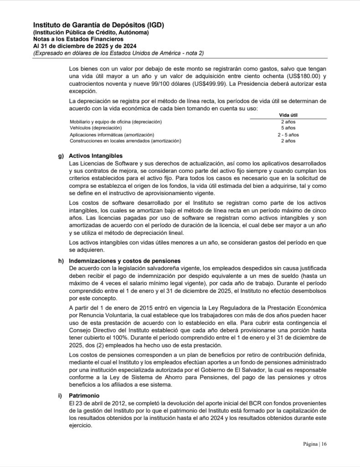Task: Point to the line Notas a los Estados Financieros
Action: tap(72, 39)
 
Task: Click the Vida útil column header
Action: tap(288, 115)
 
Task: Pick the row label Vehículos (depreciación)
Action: tap(95, 128)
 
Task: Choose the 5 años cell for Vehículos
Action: tap(288, 128)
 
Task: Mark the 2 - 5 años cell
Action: tap(288, 135)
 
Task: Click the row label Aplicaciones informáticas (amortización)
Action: tap(112, 135)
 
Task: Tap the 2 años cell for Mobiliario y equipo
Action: tap(288, 122)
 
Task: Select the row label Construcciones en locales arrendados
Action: tap(125, 141)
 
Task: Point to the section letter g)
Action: tap(61, 156)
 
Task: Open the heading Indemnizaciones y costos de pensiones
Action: tap(122, 260)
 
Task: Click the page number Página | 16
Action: tap(315, 444)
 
